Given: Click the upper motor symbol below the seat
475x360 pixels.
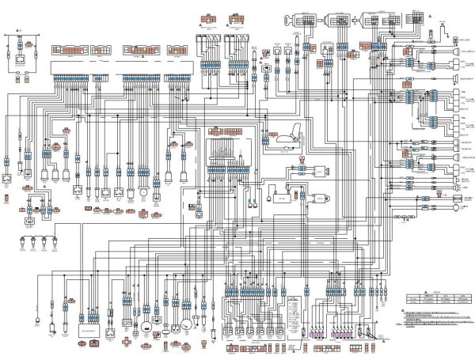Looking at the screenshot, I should point(317,171).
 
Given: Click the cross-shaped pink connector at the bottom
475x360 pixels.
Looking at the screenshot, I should point(126,342).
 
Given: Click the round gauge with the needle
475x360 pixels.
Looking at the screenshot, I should point(184,324).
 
